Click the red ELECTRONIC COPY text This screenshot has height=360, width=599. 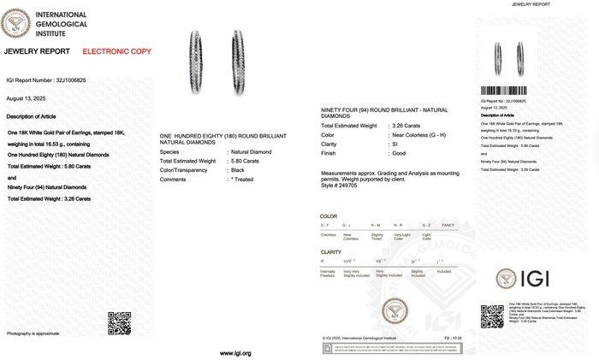(x=116, y=51)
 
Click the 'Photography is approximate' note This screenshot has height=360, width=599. (x=33, y=333)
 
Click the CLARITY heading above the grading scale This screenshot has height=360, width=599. (x=331, y=252)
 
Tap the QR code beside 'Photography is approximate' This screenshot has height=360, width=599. (x=117, y=322)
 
